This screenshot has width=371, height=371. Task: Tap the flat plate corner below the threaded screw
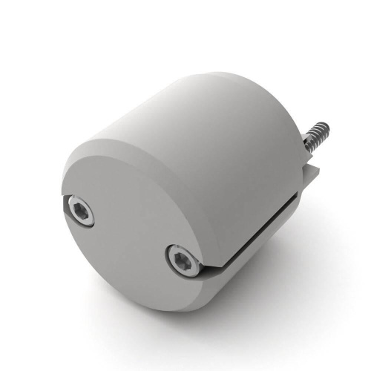[315, 175]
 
